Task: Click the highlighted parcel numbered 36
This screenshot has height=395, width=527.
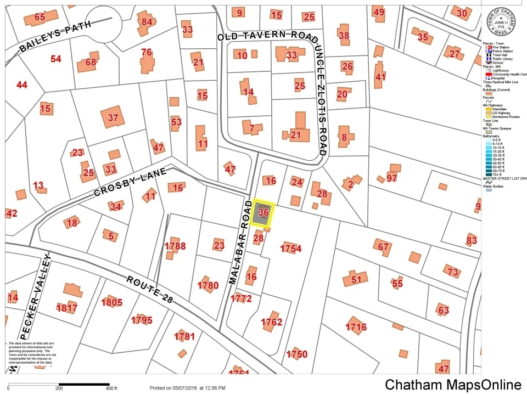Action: coord(262,213)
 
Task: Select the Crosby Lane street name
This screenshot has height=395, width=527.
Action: coord(130,182)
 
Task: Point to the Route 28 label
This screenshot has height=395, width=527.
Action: coord(150,289)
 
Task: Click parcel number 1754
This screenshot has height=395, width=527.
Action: coord(291,249)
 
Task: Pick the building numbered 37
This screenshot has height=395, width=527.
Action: coord(113,117)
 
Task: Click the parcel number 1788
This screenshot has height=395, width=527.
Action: coord(175,246)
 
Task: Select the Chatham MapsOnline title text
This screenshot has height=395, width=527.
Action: coord(453,385)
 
